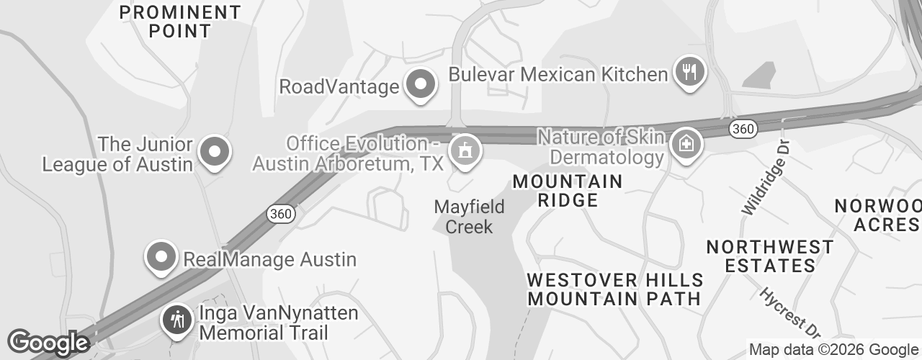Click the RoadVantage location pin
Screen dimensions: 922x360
(x=420, y=85)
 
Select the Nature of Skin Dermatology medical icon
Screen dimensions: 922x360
(x=685, y=143)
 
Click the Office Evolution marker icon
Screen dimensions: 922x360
(x=465, y=150)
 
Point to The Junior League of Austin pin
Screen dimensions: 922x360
(x=214, y=151)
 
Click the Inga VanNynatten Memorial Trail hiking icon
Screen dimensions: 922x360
(x=176, y=319)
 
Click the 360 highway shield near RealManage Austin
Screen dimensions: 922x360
(x=279, y=214)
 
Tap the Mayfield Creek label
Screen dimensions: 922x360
(x=469, y=217)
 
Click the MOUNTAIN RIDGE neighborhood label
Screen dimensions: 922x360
(x=567, y=191)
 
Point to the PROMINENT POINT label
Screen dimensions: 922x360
(x=180, y=22)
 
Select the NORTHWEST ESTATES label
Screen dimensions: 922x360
(x=770, y=256)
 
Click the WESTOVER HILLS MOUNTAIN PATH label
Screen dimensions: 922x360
(x=614, y=289)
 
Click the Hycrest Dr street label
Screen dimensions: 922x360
(x=791, y=313)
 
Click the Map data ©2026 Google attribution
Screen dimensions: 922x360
(x=834, y=350)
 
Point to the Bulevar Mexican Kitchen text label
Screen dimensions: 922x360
(x=558, y=74)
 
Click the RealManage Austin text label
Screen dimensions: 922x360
(x=270, y=258)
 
